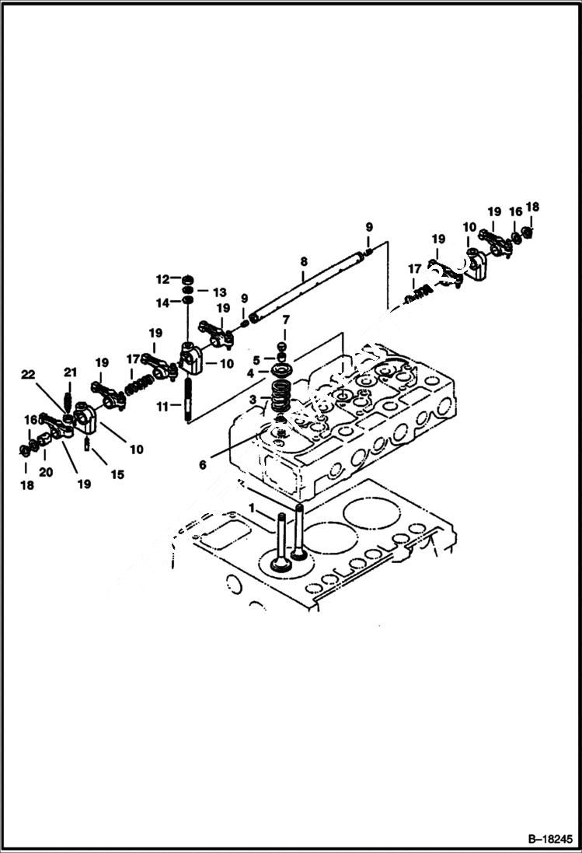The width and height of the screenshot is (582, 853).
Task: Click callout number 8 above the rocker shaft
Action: click(x=304, y=261)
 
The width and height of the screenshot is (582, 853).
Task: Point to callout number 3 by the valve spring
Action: click(x=253, y=399)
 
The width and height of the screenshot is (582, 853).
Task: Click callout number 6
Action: click(x=203, y=464)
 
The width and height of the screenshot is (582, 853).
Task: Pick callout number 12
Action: click(x=162, y=279)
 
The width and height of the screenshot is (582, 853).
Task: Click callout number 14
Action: click(x=162, y=302)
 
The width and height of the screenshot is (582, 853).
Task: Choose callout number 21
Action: click(x=70, y=372)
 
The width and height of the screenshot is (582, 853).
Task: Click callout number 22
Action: click(x=29, y=375)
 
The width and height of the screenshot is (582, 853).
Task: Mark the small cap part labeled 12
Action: click(x=187, y=279)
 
